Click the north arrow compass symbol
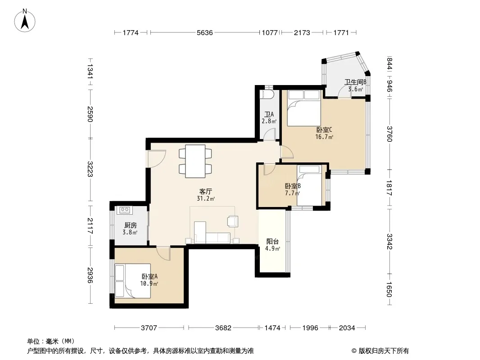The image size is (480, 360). point(25,20)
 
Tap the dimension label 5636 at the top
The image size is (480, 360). point(204,33)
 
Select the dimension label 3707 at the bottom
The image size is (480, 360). point(149,328)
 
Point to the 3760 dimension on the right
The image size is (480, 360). point(389,134)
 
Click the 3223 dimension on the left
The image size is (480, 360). point(90,169)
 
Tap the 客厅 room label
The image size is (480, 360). point(205,191)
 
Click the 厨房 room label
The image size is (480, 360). point(130,225)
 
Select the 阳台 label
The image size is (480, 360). point(272,242)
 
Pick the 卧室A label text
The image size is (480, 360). point(149,276)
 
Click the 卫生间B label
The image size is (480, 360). point(355,82)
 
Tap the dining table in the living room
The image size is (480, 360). point(195,161)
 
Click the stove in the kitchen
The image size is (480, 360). point(125,210)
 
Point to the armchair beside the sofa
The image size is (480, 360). point(233,221)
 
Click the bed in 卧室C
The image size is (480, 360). point(303,108)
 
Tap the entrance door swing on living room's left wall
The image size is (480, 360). point(156,159)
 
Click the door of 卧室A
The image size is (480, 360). point(163,253)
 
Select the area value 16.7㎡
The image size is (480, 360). point(324,137)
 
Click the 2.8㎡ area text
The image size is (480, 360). point(269,121)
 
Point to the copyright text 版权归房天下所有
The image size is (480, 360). point(383,351)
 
